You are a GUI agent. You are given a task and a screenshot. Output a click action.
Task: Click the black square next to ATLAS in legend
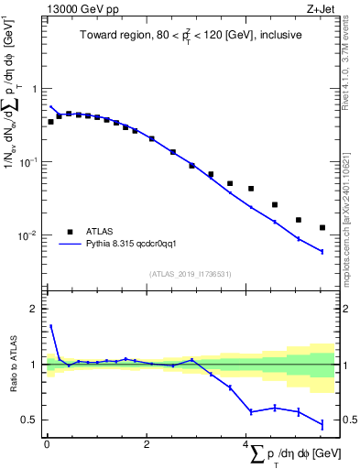click(71, 232)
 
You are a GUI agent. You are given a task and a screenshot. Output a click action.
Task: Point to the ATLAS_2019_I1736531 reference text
click(191, 274)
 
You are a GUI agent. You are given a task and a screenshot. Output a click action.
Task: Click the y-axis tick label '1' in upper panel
click(34, 89)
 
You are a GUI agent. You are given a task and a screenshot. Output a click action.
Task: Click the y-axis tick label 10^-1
click(29, 162)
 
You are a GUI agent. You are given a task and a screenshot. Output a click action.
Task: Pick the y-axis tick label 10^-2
click(29, 235)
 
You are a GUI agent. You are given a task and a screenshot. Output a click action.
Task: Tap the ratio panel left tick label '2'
click(34, 309)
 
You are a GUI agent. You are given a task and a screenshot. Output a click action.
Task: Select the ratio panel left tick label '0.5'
click(30, 420)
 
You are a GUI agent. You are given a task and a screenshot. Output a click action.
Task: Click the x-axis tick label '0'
click(47, 444)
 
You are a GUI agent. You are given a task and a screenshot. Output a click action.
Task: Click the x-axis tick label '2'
click(147, 444)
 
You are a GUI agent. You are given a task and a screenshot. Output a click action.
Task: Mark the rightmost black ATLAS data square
click(322, 227)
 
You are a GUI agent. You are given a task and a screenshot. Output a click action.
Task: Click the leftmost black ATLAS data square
click(50, 121)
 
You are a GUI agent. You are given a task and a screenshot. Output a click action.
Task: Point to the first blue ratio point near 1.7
click(50, 325)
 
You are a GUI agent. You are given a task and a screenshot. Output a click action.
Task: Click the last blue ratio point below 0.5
click(322, 424)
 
